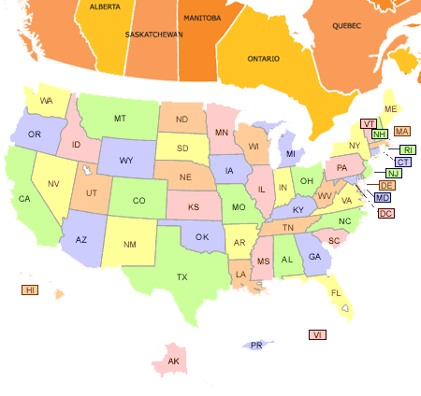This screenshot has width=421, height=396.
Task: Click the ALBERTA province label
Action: tap(104, 6)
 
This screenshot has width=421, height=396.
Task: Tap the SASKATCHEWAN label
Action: tap(153, 35)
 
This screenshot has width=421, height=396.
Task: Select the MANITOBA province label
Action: tap(201, 18)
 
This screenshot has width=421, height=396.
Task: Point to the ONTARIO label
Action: tap(263, 58)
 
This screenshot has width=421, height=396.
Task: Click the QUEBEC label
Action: tap(345, 25)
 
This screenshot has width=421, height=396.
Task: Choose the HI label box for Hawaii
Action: tap(30, 290)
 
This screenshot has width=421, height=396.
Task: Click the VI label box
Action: tap(318, 334)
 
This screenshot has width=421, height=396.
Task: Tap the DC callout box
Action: tap(385, 213)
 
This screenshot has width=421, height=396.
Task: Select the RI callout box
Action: tap(408, 149)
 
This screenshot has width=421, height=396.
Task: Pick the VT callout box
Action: tap(369, 124)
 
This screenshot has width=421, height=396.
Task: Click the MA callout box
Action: tap(402, 131)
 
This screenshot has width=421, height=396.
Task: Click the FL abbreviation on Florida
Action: tap(335, 292)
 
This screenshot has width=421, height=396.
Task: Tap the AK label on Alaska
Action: tap(172, 361)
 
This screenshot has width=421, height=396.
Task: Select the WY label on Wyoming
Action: tap(126, 161)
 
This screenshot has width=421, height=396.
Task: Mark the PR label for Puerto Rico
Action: tap(255, 346)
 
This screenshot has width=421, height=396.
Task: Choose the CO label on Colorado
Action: tap(138, 201)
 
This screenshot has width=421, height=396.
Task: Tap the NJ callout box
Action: tap(394, 174)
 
